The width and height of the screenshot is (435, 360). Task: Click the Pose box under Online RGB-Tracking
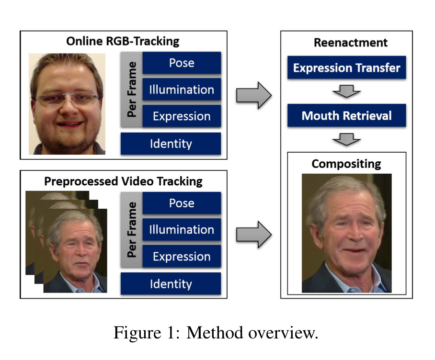point(182,63)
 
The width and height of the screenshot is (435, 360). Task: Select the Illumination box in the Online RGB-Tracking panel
point(182,90)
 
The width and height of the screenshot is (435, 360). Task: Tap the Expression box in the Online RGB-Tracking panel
point(182,116)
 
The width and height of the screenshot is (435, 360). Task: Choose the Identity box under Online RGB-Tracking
point(171,144)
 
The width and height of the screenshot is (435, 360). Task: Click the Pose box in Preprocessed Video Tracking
point(182,203)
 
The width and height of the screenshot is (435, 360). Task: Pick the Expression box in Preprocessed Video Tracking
point(182,257)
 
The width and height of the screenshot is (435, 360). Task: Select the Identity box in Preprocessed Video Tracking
point(171,284)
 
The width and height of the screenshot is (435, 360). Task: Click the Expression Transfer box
point(346,68)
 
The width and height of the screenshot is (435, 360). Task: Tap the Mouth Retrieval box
point(346,115)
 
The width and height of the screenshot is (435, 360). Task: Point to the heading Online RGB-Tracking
point(123,41)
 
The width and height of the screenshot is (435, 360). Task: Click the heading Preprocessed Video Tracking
point(123,181)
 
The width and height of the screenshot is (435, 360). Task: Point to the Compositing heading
point(346,164)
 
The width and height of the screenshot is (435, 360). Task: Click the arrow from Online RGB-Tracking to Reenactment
point(253,95)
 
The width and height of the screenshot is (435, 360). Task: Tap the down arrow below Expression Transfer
point(346,91)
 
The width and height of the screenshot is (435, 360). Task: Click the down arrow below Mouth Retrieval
point(346,138)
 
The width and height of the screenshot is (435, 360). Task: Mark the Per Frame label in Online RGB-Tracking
point(132,90)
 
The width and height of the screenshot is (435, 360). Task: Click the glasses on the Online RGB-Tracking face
point(67,100)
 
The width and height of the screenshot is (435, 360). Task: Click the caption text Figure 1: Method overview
point(216,332)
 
